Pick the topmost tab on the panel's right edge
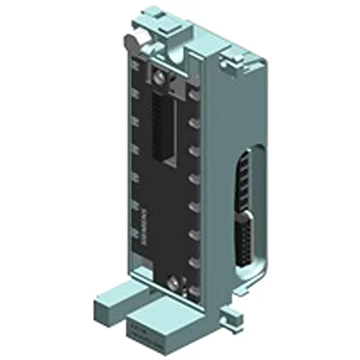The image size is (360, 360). (193, 93)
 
